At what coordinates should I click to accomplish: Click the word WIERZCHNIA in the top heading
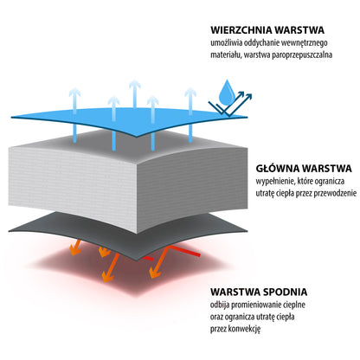pyautogui.click(x=241, y=30)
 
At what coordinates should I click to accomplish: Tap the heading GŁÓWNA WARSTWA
pyautogui.click(x=304, y=169)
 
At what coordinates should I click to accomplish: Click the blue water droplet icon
pyautogui.click(x=227, y=93)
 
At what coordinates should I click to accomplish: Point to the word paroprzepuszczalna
pyautogui.click(x=302, y=55)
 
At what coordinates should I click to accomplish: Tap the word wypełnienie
pyautogui.click(x=273, y=182)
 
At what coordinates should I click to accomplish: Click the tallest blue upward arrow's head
pyautogui.click(x=135, y=85)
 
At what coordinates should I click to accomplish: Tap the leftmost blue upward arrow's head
pyautogui.click(x=74, y=93)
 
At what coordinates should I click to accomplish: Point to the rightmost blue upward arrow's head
pyautogui.click(x=190, y=93)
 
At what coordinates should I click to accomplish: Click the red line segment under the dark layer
pyautogui.click(x=184, y=251)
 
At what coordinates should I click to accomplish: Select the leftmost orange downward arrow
pyautogui.click(x=75, y=247)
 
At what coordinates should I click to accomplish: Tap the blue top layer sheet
pyautogui.click(x=130, y=119)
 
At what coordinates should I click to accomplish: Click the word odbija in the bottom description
pyautogui.click(x=220, y=305)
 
